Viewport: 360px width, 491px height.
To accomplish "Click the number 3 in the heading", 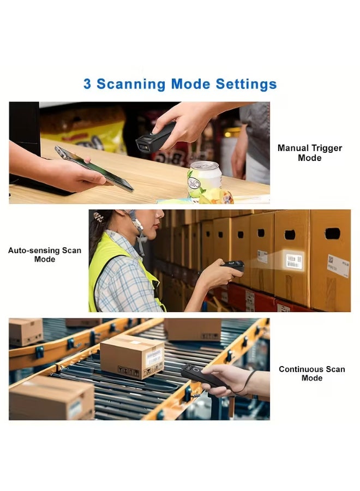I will coord(87,85).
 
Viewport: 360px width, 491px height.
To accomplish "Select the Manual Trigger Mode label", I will coord(309,153).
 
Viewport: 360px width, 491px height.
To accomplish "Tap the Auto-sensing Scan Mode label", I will coord(44,255).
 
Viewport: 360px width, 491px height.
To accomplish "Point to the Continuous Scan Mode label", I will coord(311,374).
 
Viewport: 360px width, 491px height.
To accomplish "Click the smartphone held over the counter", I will coord(94,169).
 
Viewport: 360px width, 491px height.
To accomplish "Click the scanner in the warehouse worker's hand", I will coord(233,266).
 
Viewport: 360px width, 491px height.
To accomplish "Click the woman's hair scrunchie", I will coord(98,217).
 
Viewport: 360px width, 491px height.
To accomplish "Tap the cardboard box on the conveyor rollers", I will coord(132,357).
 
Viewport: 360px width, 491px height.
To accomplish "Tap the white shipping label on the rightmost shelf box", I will coord(338,266).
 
